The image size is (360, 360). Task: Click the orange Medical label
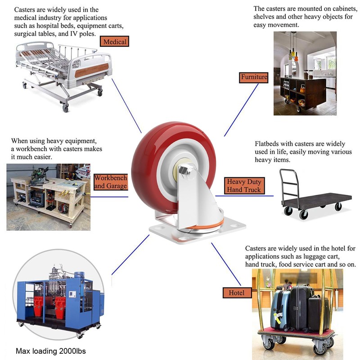(x=115, y=42)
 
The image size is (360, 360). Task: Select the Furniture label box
(x=254, y=77)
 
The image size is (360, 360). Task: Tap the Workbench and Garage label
(x=110, y=182)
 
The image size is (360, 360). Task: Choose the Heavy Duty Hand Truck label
(x=243, y=186)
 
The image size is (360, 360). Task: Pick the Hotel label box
(x=236, y=293)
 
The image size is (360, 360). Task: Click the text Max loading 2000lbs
(x=50, y=351)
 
